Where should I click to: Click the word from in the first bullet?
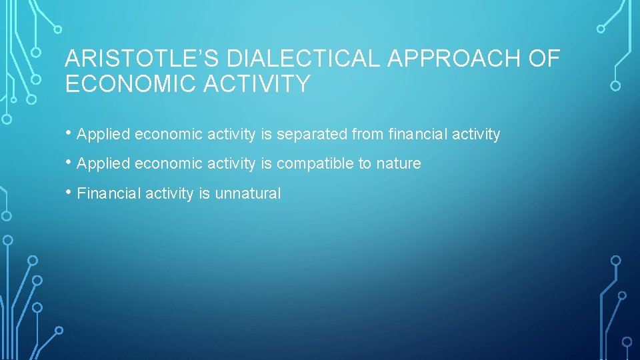pos(368,135)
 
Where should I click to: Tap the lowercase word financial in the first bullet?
pos(418,135)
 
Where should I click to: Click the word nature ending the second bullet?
pos(399,164)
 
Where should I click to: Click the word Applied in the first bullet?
pos(103,135)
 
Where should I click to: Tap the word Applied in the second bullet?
pos(103,164)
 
